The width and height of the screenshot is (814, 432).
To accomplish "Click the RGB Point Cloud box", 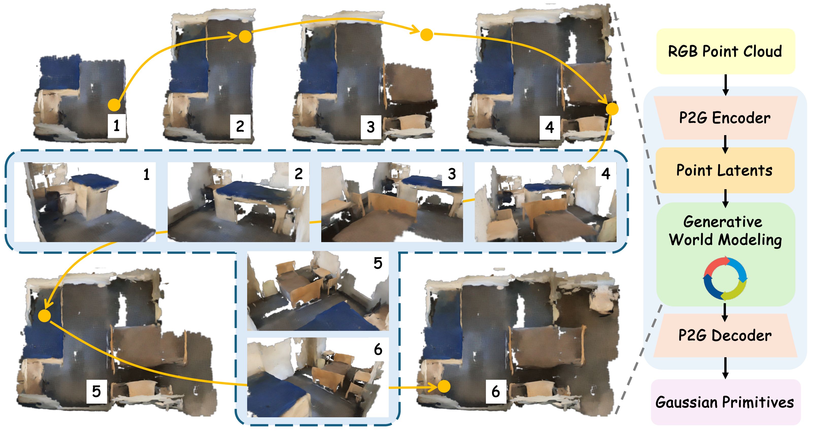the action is pyautogui.click(x=725, y=51).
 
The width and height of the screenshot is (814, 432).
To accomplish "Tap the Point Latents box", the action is pyautogui.click(x=725, y=170).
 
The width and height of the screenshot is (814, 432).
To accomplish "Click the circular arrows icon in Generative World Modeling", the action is pyautogui.click(x=725, y=278).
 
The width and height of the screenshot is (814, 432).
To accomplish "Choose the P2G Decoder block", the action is pyautogui.click(x=725, y=335).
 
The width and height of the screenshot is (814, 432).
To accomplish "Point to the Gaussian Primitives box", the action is pyautogui.click(x=725, y=402).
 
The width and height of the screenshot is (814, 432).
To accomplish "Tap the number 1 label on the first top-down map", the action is pyautogui.click(x=117, y=126).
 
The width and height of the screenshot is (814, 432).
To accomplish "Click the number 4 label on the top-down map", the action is pyautogui.click(x=550, y=128).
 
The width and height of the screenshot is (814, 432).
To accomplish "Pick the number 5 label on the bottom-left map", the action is pyautogui.click(x=96, y=392).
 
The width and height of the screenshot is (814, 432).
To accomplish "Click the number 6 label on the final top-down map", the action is pyautogui.click(x=496, y=392).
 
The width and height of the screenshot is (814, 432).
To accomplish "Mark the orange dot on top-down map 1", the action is pyautogui.click(x=114, y=104).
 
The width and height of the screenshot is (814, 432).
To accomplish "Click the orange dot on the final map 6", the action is pyautogui.click(x=444, y=386).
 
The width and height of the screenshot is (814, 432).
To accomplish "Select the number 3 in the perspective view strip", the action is pyautogui.click(x=452, y=174).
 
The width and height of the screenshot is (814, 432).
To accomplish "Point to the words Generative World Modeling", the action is pyautogui.click(x=725, y=230).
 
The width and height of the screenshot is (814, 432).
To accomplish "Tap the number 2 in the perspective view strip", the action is pyautogui.click(x=299, y=174).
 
